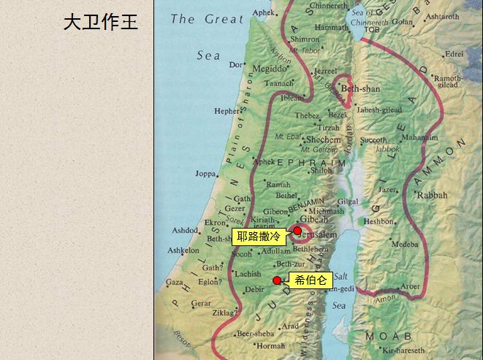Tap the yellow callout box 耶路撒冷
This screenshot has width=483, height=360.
(x=259, y=236)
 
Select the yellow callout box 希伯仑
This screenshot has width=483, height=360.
(x=311, y=280)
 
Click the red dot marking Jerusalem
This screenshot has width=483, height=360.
(x=297, y=231)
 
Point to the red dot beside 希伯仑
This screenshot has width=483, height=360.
(x=276, y=280)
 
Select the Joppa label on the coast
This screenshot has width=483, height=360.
(x=206, y=174)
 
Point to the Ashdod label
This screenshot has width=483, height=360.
(x=185, y=231)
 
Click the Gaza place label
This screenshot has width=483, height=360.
(x=174, y=282)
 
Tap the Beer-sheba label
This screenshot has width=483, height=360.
(x=256, y=334)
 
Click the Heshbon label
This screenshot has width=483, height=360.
(x=379, y=221)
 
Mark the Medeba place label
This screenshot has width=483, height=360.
(x=405, y=245)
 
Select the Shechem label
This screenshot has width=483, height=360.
(x=323, y=139)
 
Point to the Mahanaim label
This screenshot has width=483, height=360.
(x=419, y=137)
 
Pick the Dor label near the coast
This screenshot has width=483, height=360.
(x=235, y=64)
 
